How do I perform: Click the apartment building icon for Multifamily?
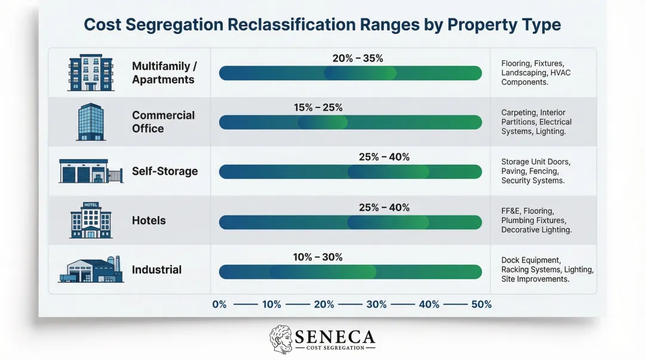[91, 73]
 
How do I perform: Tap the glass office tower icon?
[91, 122]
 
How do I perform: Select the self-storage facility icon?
[91, 171]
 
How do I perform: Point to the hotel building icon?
[91, 220]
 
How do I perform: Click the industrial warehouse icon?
[91, 269]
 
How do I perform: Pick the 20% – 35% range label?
[358, 59]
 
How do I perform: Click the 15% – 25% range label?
[318, 108]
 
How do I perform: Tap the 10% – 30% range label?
[318, 257]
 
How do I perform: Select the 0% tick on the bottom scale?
[219, 304]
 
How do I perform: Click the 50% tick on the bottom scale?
[481, 304]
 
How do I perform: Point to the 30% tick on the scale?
[376, 304]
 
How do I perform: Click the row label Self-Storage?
[165, 171]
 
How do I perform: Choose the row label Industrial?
[156, 270]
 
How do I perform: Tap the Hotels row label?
[149, 220]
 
